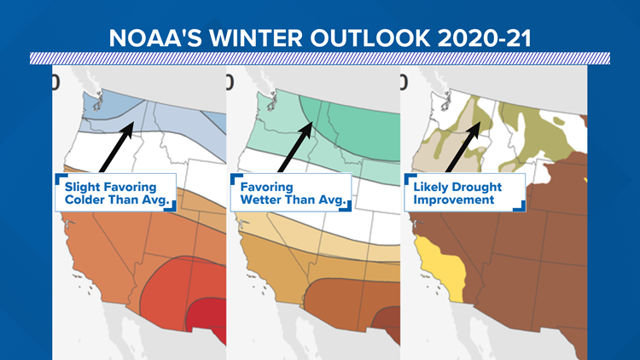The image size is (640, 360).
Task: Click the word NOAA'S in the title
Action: [x=155, y=38]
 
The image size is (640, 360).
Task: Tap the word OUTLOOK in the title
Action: [x=370, y=38]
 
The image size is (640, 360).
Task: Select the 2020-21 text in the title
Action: [x=485, y=38]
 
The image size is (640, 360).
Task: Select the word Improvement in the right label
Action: [x=454, y=200]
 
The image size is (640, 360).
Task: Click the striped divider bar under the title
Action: [x=320, y=58]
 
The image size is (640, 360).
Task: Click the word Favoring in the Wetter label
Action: [x=266, y=188]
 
